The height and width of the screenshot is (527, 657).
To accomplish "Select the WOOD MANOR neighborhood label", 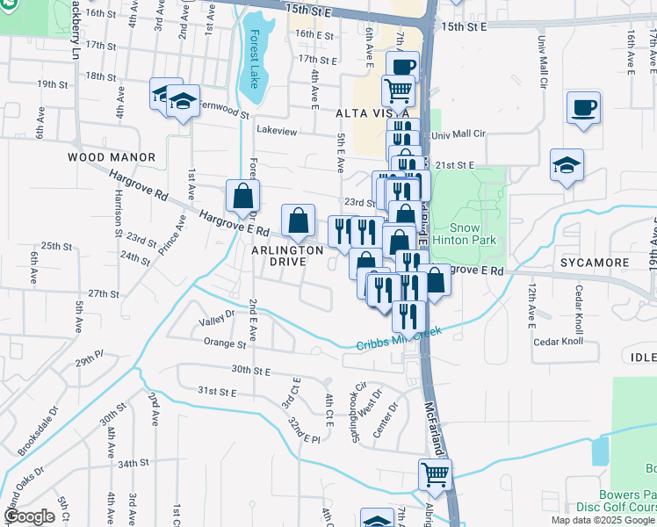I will tap(112, 157).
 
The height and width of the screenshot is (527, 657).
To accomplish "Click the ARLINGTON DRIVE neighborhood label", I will tap(287, 257).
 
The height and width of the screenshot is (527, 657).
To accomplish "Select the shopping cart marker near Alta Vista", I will tap(399, 90).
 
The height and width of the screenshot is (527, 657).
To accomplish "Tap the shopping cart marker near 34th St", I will tap(434, 475).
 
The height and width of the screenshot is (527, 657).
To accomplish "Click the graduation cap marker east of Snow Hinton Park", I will tap(567, 164).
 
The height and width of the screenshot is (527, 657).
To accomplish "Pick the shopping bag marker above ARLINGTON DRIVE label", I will tap(299, 220).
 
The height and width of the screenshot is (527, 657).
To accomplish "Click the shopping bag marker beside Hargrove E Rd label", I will tap(242, 196).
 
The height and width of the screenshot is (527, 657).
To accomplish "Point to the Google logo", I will tap(29, 517).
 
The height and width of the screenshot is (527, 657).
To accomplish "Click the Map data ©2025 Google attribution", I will tap(603, 520).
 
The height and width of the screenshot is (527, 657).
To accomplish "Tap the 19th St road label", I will tap(53, 83).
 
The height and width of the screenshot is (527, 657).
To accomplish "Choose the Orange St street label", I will tap(224, 345).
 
